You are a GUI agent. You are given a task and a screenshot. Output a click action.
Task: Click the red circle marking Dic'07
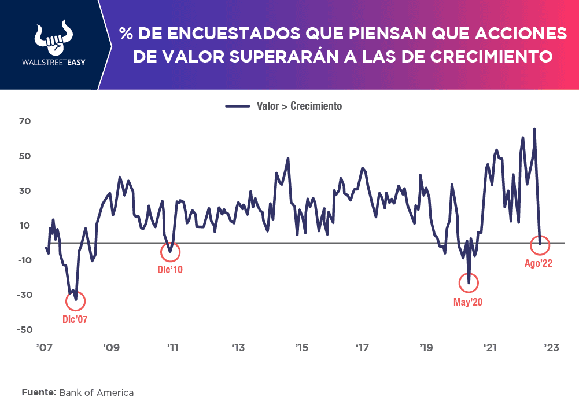tap(76, 301)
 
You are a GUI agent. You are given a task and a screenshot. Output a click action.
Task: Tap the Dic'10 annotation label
tap(170, 269)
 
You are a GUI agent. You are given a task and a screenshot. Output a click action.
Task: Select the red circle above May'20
tap(469, 282)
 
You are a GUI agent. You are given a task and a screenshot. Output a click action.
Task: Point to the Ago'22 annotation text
tap(539, 263)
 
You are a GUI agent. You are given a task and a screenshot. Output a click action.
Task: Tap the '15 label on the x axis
tap(301, 348)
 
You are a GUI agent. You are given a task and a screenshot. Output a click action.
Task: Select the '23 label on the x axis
tap(550, 348)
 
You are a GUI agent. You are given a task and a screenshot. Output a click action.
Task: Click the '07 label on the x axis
tap(45, 348)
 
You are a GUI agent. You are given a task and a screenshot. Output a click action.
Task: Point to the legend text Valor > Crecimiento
tap(299, 106)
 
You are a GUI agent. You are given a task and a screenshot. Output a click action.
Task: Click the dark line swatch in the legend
tap(237, 106)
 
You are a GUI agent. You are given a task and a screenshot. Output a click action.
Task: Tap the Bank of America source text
tap(97, 392)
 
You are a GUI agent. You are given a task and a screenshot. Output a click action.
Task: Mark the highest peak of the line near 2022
tap(534, 129)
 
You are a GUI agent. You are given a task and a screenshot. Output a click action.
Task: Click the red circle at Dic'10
tap(170, 252)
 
